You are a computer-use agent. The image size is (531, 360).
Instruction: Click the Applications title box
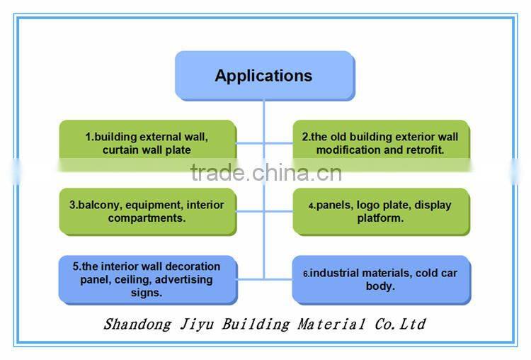point(263,75)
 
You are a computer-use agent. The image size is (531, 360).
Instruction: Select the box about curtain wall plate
point(147,143)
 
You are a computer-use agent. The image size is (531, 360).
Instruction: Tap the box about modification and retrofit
point(380,143)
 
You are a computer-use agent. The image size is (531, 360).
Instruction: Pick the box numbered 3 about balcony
point(147,211)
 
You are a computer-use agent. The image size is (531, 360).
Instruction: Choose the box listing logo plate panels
point(380,211)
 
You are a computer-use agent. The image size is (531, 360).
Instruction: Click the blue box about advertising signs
point(147,279)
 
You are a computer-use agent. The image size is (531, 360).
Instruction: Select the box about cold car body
point(380,279)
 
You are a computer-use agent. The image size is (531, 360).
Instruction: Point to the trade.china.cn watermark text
point(265,172)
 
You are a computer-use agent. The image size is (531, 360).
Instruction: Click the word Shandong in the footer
point(137,325)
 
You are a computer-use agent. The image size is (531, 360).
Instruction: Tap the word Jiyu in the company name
point(196,325)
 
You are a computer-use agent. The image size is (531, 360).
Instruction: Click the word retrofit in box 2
point(425,150)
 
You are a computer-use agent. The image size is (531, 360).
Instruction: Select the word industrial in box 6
point(338,274)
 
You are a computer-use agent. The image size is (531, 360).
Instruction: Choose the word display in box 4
point(433,206)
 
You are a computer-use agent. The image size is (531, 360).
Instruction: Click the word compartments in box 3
point(145,218)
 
